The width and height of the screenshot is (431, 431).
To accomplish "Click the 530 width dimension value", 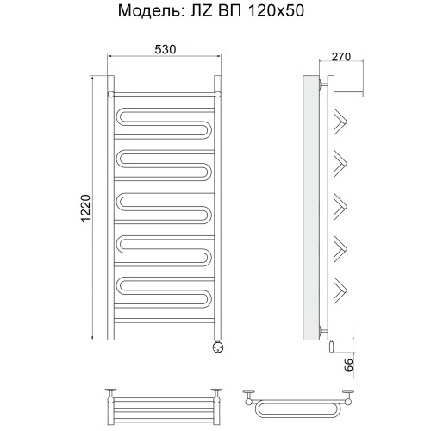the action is click(165, 49).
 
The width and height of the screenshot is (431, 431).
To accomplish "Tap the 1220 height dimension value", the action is click(85, 208).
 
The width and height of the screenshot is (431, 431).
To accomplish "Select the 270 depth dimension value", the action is click(341, 57).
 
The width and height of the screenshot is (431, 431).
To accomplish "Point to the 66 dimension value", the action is click(348, 365).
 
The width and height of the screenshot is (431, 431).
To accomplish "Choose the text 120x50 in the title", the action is click(276, 11).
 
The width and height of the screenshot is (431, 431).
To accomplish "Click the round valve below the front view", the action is click(217, 346).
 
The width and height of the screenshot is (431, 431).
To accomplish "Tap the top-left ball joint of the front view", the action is click(110, 94).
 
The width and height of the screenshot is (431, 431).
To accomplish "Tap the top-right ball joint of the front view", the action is click(218, 94).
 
